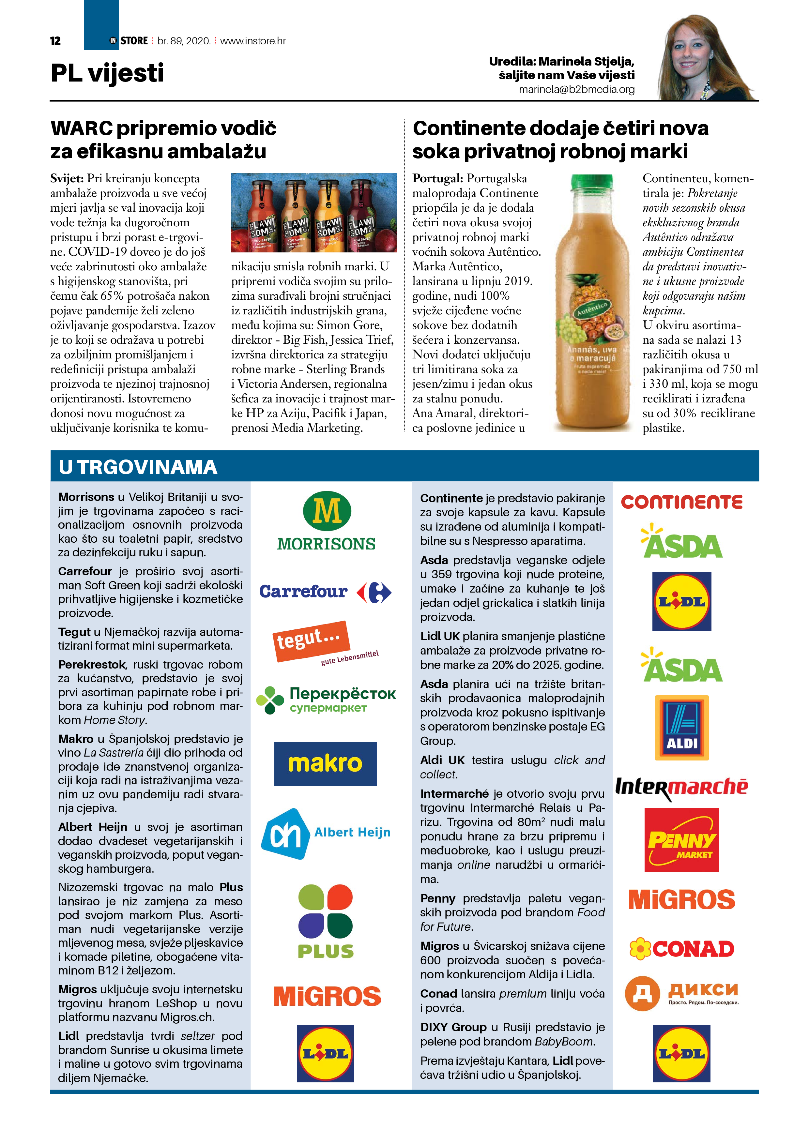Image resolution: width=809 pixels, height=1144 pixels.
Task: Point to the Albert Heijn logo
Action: pyautogui.click(x=326, y=834)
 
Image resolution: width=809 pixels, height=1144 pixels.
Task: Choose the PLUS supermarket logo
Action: pyautogui.click(x=326, y=921)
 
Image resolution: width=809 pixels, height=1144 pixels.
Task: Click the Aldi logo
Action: pyautogui.click(x=681, y=728)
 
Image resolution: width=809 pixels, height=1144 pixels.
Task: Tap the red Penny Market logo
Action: pyautogui.click(x=681, y=839)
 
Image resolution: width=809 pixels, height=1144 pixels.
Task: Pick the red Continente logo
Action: pyautogui.click(x=681, y=502)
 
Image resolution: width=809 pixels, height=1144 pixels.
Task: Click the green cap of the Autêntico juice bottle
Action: pyautogui.click(x=592, y=183)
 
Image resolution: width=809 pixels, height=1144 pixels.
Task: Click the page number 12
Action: pyautogui.click(x=55, y=41)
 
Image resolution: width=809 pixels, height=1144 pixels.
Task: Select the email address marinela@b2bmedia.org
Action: pyautogui.click(x=577, y=90)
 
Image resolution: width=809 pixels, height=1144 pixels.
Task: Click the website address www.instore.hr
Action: pyautogui.click(x=253, y=41)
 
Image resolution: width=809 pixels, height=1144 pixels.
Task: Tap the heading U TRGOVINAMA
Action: pyautogui.click(x=138, y=467)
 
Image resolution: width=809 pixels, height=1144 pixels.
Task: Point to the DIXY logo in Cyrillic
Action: pyautogui.click(x=681, y=993)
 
